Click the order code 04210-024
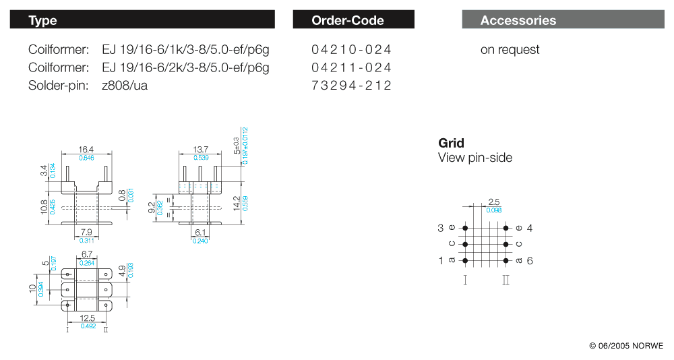(351, 50)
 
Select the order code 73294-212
(351, 86)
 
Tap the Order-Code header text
(347, 20)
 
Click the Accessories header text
(518, 20)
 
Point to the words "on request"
(510, 50)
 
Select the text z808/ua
(125, 86)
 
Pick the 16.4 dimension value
(86, 150)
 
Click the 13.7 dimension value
(200, 150)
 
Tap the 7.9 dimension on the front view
(87, 233)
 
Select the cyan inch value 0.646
(86, 157)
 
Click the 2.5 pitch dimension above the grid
(493, 202)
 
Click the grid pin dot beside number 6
(505, 260)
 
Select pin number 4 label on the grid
(530, 228)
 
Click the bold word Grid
(451, 143)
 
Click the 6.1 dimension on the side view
(200, 233)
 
